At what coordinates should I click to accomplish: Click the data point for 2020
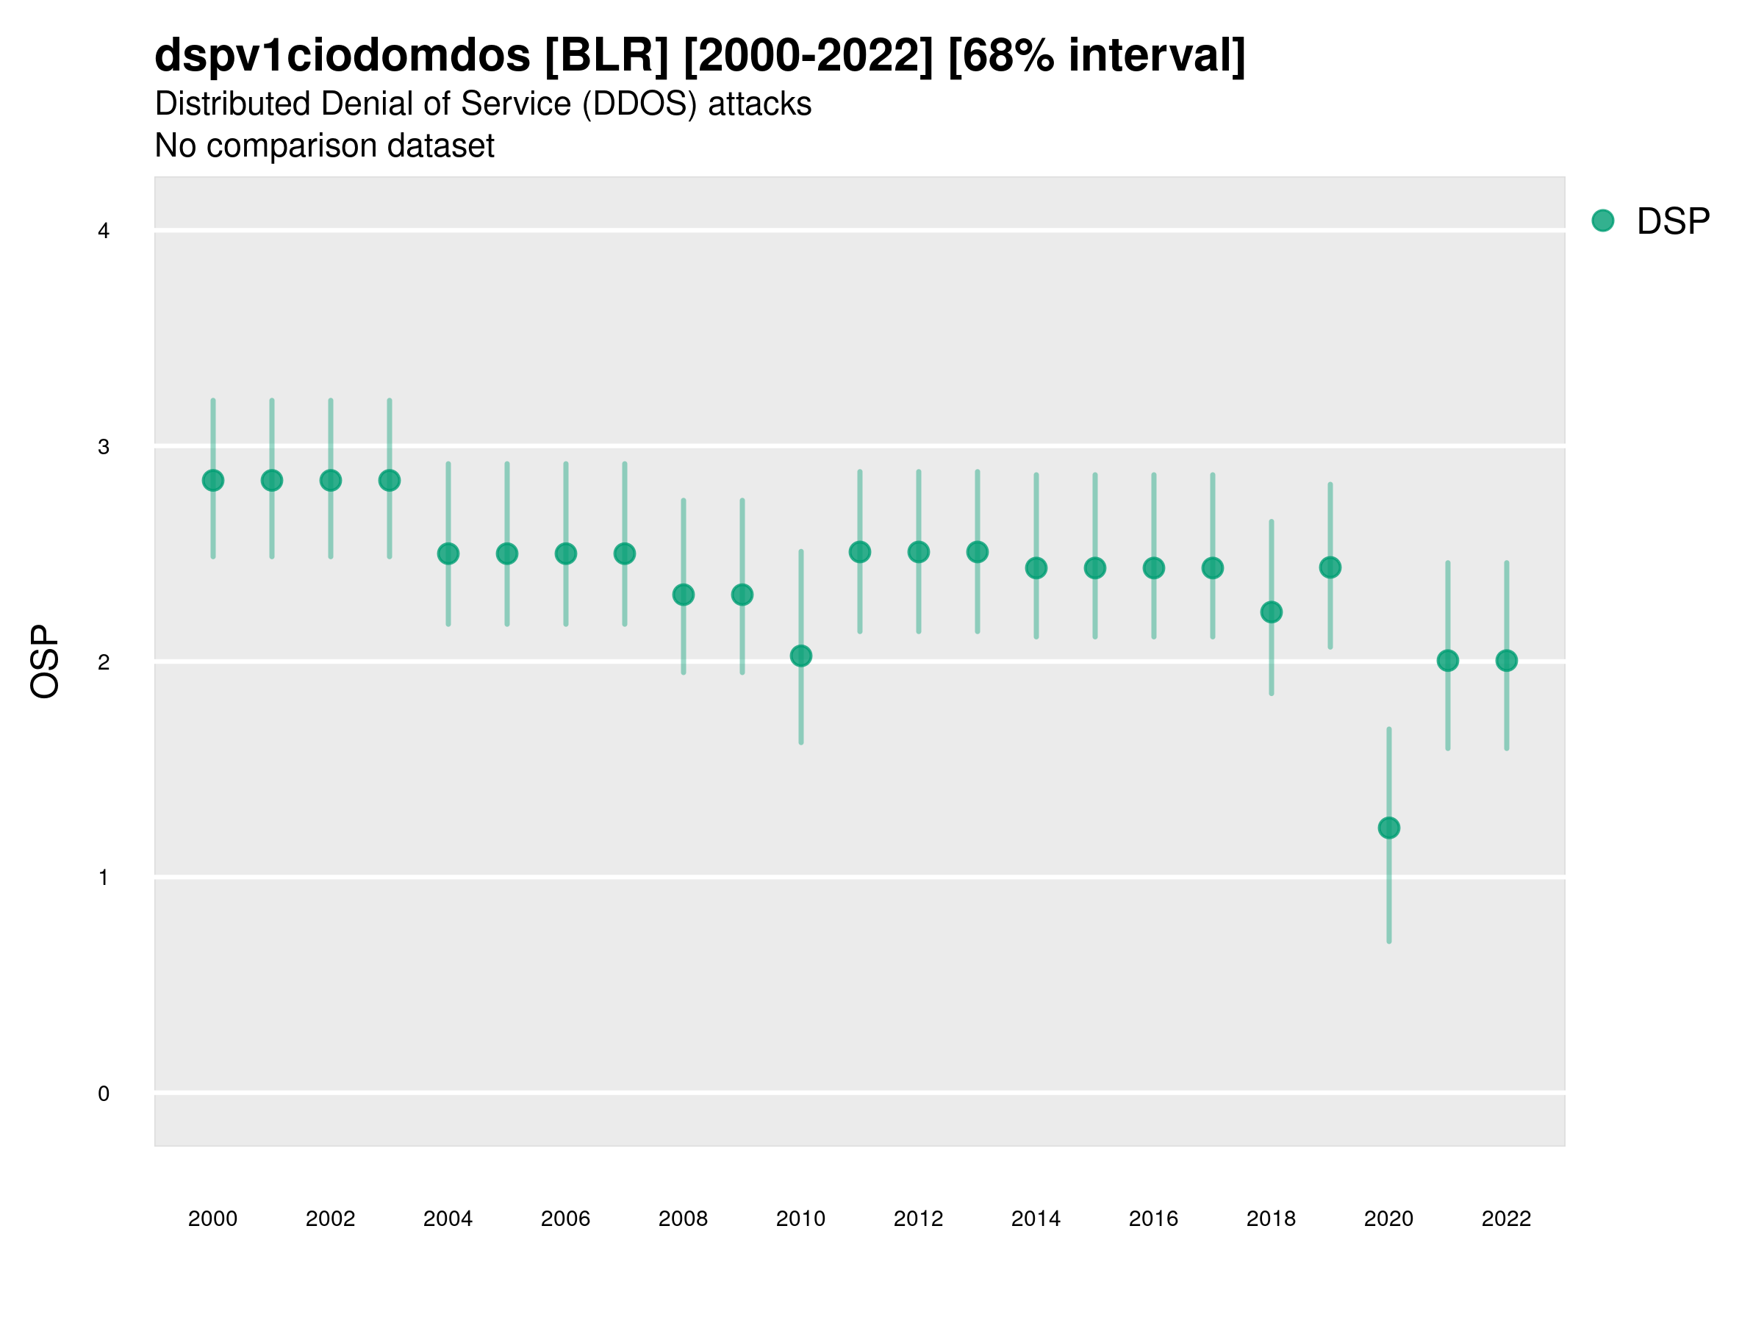point(1388,828)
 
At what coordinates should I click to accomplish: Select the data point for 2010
point(800,656)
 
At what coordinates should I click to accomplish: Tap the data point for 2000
point(213,480)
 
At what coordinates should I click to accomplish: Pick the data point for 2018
point(1271,612)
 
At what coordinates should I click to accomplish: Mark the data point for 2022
point(1507,660)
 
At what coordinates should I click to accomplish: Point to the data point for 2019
point(1330,567)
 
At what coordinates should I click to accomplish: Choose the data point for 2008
point(684,594)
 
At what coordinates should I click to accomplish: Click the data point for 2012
point(919,552)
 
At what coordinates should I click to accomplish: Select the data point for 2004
point(448,553)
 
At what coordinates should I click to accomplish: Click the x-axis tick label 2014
point(1036,1219)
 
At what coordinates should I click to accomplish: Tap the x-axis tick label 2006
point(565,1219)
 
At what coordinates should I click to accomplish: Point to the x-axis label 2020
point(1388,1219)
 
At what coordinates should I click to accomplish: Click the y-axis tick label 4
point(104,232)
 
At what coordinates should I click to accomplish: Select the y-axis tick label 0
point(104,1094)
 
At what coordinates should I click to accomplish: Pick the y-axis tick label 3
point(104,447)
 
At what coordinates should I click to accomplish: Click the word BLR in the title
point(607,56)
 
